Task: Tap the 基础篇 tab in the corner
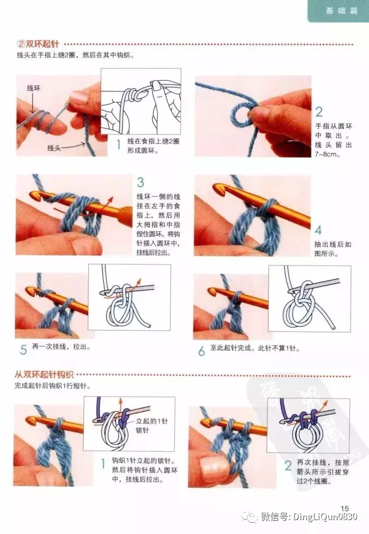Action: click(x=341, y=11)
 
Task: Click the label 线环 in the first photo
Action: click(x=34, y=89)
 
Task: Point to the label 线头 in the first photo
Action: click(x=54, y=148)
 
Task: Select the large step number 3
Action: click(x=140, y=182)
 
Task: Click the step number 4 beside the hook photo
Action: click(x=318, y=230)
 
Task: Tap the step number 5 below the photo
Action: click(x=23, y=350)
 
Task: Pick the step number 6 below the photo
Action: click(x=202, y=351)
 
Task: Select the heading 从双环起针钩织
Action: click(x=44, y=375)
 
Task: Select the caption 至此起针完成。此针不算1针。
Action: click(x=255, y=348)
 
